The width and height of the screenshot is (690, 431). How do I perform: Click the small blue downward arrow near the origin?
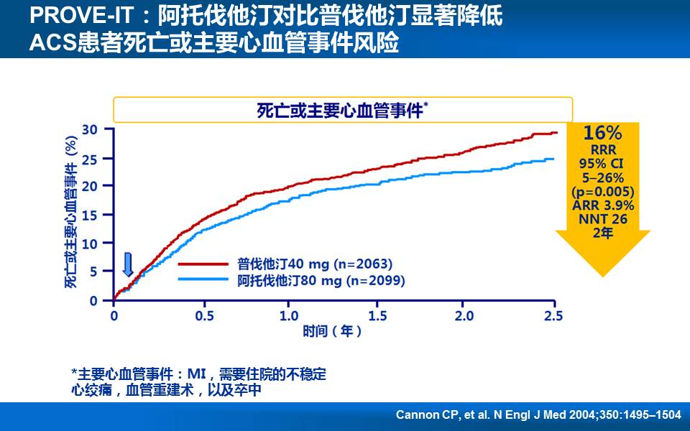(x=128, y=264)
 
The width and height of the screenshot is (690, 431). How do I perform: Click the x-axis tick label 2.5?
(x=553, y=316)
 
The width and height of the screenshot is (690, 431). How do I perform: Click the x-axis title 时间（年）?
(x=332, y=331)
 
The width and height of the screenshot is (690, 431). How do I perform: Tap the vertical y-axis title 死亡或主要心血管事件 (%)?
(x=71, y=213)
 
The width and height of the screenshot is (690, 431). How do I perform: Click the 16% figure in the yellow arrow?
(x=602, y=133)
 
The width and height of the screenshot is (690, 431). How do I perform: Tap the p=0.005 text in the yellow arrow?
(x=602, y=192)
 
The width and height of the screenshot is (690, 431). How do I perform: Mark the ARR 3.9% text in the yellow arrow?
(x=602, y=206)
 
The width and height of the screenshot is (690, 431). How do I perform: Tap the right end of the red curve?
(x=556, y=133)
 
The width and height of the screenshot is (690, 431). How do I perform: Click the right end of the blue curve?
(x=553, y=159)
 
